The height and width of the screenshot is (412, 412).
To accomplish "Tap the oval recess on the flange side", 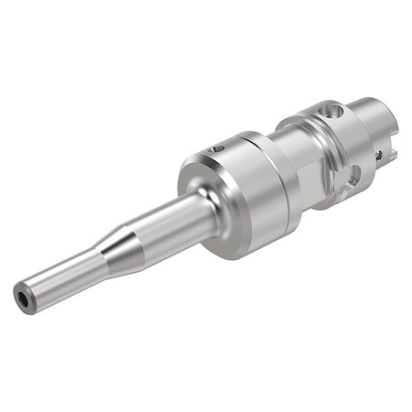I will click(352, 179).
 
